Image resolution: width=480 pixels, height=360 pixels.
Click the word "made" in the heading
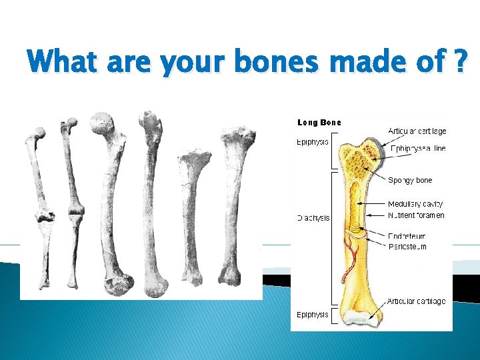pyautogui.click(x=358, y=63)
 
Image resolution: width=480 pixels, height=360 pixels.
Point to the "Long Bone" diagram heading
pyautogui.click(x=319, y=123)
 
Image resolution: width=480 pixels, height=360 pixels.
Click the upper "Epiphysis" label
pyautogui.click(x=312, y=142)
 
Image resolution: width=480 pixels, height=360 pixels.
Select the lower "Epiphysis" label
pyautogui.click(x=312, y=314)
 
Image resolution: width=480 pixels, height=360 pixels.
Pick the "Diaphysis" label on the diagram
pyautogui.click(x=313, y=218)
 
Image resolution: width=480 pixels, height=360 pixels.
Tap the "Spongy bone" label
pyautogui.click(x=410, y=181)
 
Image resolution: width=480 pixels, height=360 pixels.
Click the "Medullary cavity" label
pyautogui.click(x=415, y=204)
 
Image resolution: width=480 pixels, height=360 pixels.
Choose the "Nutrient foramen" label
pyautogui.click(x=416, y=215)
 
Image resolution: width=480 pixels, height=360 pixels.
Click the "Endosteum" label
pyautogui.click(x=407, y=236)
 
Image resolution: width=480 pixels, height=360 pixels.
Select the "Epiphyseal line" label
pyautogui.click(x=418, y=149)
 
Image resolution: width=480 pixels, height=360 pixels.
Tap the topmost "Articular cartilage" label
pyautogui.click(x=417, y=131)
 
